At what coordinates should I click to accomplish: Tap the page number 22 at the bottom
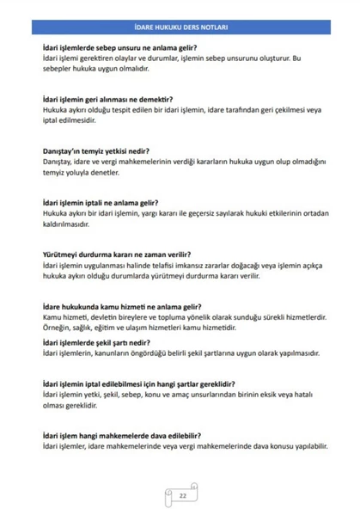[182, 496]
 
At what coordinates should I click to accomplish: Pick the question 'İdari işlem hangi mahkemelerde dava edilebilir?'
[119, 436]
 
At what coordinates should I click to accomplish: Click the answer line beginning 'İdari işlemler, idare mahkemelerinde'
[185, 446]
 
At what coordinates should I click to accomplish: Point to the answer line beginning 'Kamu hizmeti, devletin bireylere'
[184, 316]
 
